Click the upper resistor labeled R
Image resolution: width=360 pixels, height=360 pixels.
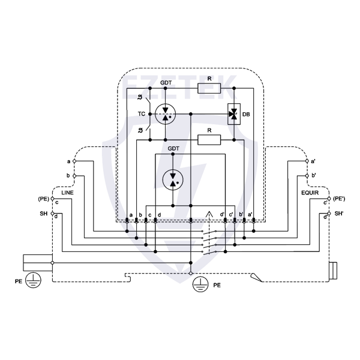pyautogui.click(x=209, y=88)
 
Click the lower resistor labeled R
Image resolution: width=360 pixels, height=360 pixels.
pyautogui.click(x=209, y=140)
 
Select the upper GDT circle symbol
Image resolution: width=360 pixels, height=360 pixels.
pyautogui.click(x=165, y=113)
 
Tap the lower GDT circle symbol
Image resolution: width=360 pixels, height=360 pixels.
pyautogui.click(x=173, y=178)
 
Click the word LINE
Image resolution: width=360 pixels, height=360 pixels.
pyautogui.click(x=67, y=193)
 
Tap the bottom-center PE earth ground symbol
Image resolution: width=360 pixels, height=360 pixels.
pyautogui.click(x=199, y=286)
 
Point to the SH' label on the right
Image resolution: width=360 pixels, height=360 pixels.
pyautogui.click(x=339, y=213)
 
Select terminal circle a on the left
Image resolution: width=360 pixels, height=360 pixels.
pyautogui.click(x=74, y=161)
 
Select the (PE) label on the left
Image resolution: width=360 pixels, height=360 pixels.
pyautogui.click(x=43, y=198)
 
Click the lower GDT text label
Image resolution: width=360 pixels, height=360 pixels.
pyautogui.click(x=173, y=148)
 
